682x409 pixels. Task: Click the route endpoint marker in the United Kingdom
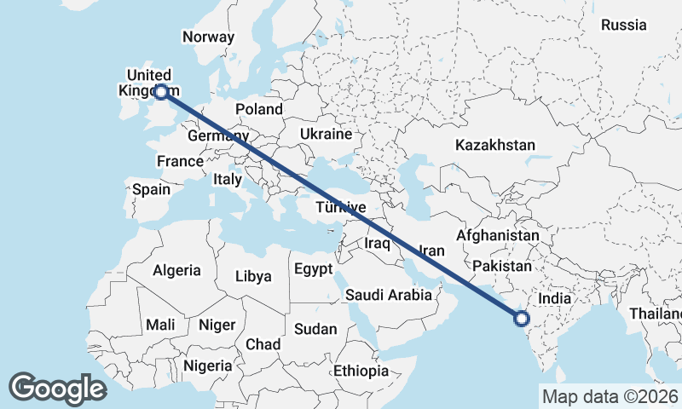point(161,90)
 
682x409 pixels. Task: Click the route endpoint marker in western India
point(521,320)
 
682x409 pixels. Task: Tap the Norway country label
point(208,37)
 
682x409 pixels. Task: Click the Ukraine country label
point(326,135)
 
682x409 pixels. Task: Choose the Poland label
point(259,109)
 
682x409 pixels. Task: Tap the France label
point(180,161)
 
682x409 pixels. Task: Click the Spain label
point(151,189)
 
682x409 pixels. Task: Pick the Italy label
point(228,180)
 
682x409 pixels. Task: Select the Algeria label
point(176,271)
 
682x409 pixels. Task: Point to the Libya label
point(253,276)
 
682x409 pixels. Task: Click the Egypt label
point(312,269)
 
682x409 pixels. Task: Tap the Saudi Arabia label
point(389,295)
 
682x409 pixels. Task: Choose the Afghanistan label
point(498,235)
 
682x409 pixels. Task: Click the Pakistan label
point(501,266)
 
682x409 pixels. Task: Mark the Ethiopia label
point(361,371)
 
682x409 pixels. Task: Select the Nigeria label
point(208,366)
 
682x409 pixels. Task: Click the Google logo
point(57,389)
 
